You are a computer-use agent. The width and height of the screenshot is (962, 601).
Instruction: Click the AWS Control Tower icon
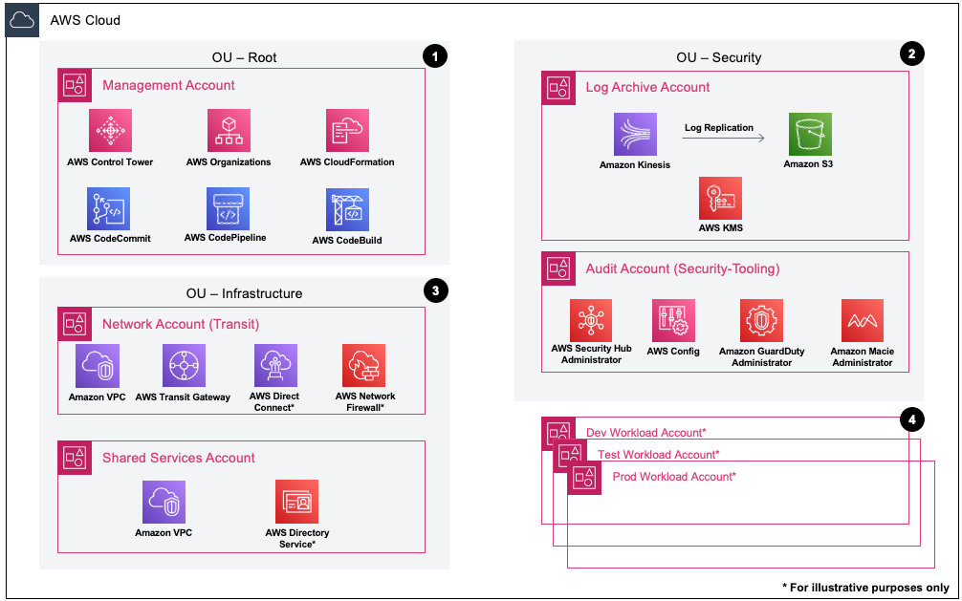click(x=110, y=131)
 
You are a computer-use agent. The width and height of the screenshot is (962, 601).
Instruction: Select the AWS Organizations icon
click(x=229, y=131)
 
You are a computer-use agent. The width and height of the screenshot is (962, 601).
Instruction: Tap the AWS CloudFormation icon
click(x=347, y=131)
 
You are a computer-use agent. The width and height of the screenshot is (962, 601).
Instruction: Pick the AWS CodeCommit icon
click(x=109, y=208)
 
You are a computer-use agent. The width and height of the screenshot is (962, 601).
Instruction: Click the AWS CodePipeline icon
click(x=228, y=208)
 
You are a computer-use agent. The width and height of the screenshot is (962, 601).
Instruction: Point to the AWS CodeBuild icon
click(x=347, y=209)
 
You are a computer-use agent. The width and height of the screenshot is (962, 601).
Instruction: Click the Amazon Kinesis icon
click(x=635, y=135)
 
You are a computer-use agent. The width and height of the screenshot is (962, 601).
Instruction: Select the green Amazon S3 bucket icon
click(x=810, y=135)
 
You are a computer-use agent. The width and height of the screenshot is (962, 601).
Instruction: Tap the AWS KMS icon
click(x=720, y=199)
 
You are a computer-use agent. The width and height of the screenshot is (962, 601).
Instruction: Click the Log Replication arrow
click(x=723, y=140)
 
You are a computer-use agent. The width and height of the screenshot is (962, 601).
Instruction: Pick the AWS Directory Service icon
click(x=296, y=502)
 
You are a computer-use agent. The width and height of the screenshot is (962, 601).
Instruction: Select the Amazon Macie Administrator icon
click(x=862, y=321)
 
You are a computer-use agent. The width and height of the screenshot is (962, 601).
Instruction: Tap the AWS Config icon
click(x=673, y=321)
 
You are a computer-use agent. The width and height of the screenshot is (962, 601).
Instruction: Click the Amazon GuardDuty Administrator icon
click(x=762, y=321)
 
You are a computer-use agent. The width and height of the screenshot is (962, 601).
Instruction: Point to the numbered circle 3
click(x=434, y=292)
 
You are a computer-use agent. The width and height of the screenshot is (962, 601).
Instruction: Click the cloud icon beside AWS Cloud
click(x=22, y=20)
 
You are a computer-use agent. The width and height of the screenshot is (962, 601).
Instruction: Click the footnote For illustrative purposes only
click(x=866, y=587)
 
